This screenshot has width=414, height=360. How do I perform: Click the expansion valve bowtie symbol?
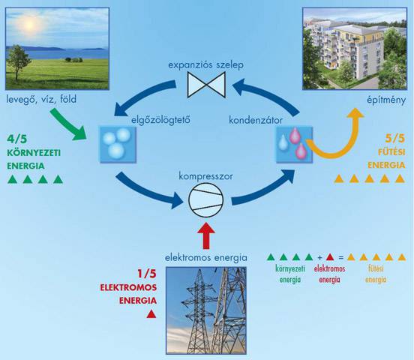click(x=206, y=85)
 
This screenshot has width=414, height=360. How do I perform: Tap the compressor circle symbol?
click(x=206, y=199)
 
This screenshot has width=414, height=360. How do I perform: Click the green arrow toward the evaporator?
click(x=69, y=124)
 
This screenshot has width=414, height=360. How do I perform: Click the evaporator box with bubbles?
click(x=118, y=145)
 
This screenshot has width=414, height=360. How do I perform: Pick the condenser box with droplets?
click(x=295, y=145)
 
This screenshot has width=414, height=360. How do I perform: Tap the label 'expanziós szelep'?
click(x=205, y=65)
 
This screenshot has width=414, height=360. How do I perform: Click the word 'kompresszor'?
click(x=205, y=176)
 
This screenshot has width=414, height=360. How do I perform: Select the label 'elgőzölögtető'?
click(x=160, y=120)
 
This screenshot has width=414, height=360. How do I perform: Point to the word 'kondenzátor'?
click(x=256, y=121)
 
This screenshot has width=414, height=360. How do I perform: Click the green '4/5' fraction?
click(x=17, y=139)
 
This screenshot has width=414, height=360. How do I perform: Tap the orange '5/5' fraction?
click(x=395, y=139)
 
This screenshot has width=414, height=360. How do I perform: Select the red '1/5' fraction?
click(x=147, y=274)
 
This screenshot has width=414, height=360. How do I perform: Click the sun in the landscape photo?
click(x=29, y=24)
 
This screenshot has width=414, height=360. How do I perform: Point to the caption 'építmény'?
click(x=386, y=100)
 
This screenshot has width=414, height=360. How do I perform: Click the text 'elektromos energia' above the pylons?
click(x=206, y=257)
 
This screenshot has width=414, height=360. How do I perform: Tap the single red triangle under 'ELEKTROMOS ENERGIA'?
click(x=151, y=313)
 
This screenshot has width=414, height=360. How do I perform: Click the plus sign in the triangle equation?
click(x=319, y=257)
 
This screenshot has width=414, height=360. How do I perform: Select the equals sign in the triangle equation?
click(x=341, y=257)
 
